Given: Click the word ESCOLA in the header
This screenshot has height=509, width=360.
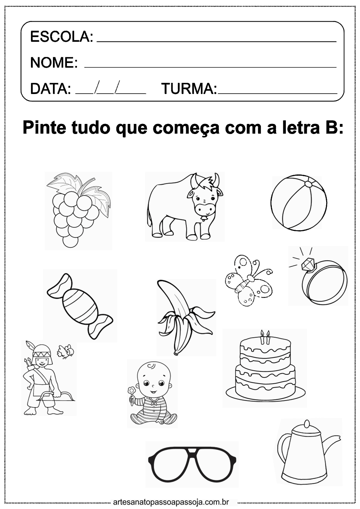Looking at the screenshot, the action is [x=60, y=37].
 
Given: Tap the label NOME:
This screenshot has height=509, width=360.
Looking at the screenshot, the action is [x=54, y=62].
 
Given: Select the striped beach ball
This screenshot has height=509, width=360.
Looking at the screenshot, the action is [x=299, y=203].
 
